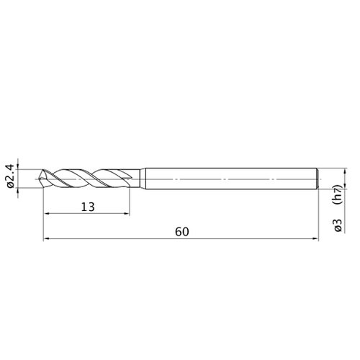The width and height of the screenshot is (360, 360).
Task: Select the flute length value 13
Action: point(88,207)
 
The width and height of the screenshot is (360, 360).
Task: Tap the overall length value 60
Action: point(182,232)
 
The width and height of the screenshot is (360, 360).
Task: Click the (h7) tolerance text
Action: point(338,194)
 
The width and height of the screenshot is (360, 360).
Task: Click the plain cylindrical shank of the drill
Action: point(231,179)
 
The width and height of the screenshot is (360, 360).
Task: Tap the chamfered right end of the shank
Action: point(318,179)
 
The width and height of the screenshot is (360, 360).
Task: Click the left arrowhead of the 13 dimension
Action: point(47,214)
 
